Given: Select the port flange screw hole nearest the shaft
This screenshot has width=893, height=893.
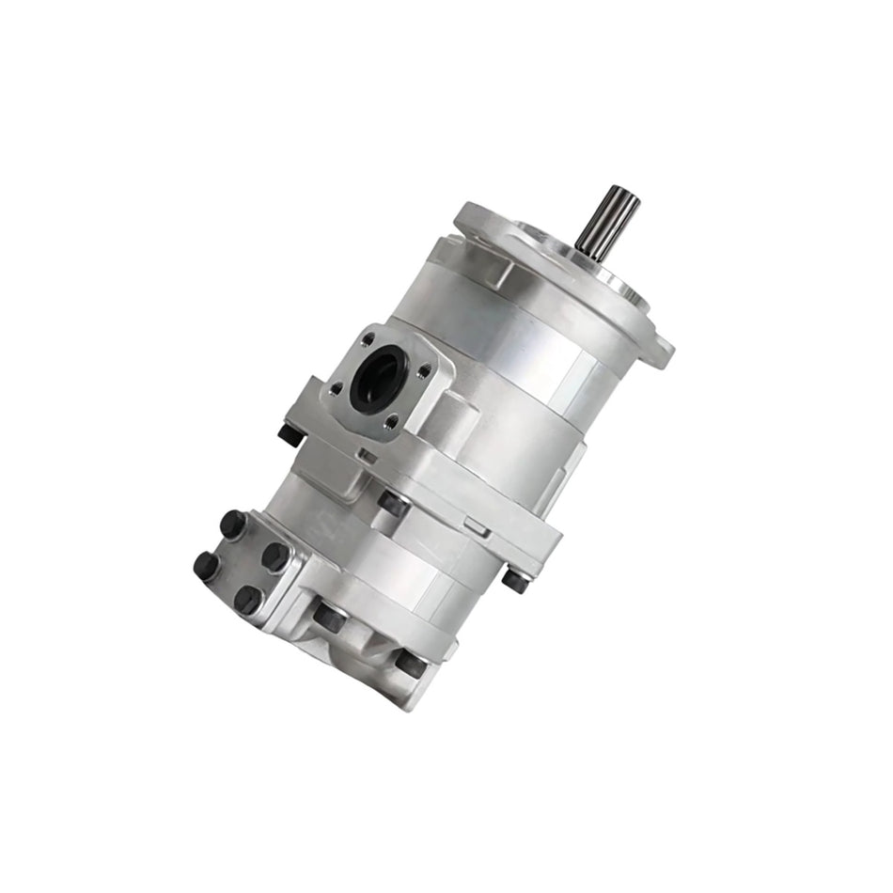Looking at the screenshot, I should click(x=368, y=340).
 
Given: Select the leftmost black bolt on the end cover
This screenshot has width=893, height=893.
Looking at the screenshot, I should click(x=205, y=565).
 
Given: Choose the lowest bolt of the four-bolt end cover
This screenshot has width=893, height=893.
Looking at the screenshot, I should click(x=248, y=600).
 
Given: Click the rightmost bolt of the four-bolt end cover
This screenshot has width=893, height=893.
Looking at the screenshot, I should click(x=275, y=556).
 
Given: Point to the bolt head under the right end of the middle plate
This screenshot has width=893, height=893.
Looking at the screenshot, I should click(x=515, y=580).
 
